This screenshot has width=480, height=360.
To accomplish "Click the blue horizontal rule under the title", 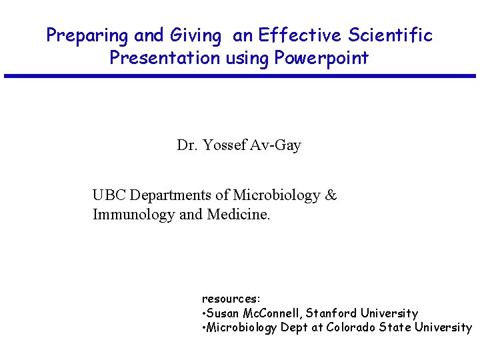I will pos(240,76).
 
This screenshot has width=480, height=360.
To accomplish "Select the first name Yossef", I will pos(224,145).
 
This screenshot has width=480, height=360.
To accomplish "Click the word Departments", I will pos(170,195).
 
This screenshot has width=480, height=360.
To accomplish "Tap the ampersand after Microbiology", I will pos(331,195).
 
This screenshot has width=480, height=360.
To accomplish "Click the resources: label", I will pos(231,299).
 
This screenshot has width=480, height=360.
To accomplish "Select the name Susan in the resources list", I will pos(223,313).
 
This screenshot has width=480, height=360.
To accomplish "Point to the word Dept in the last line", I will pos(294,327).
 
